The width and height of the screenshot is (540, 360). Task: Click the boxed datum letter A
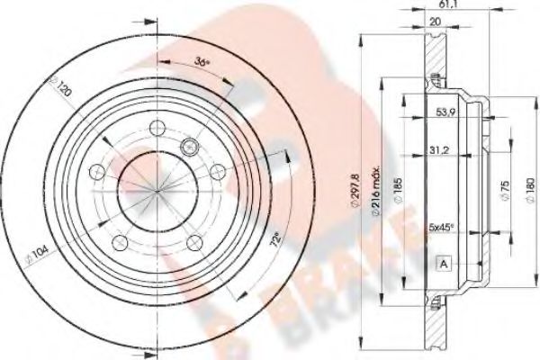click(445, 263)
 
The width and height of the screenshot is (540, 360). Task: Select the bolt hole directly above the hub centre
click(156, 126)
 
